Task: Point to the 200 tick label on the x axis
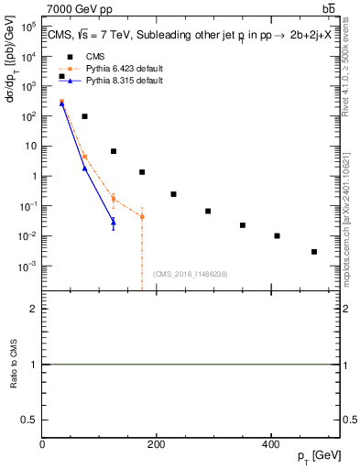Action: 157,443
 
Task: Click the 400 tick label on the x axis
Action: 270,443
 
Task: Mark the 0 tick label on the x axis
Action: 43,443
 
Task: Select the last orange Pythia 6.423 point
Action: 142,217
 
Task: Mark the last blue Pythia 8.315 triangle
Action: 114,222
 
